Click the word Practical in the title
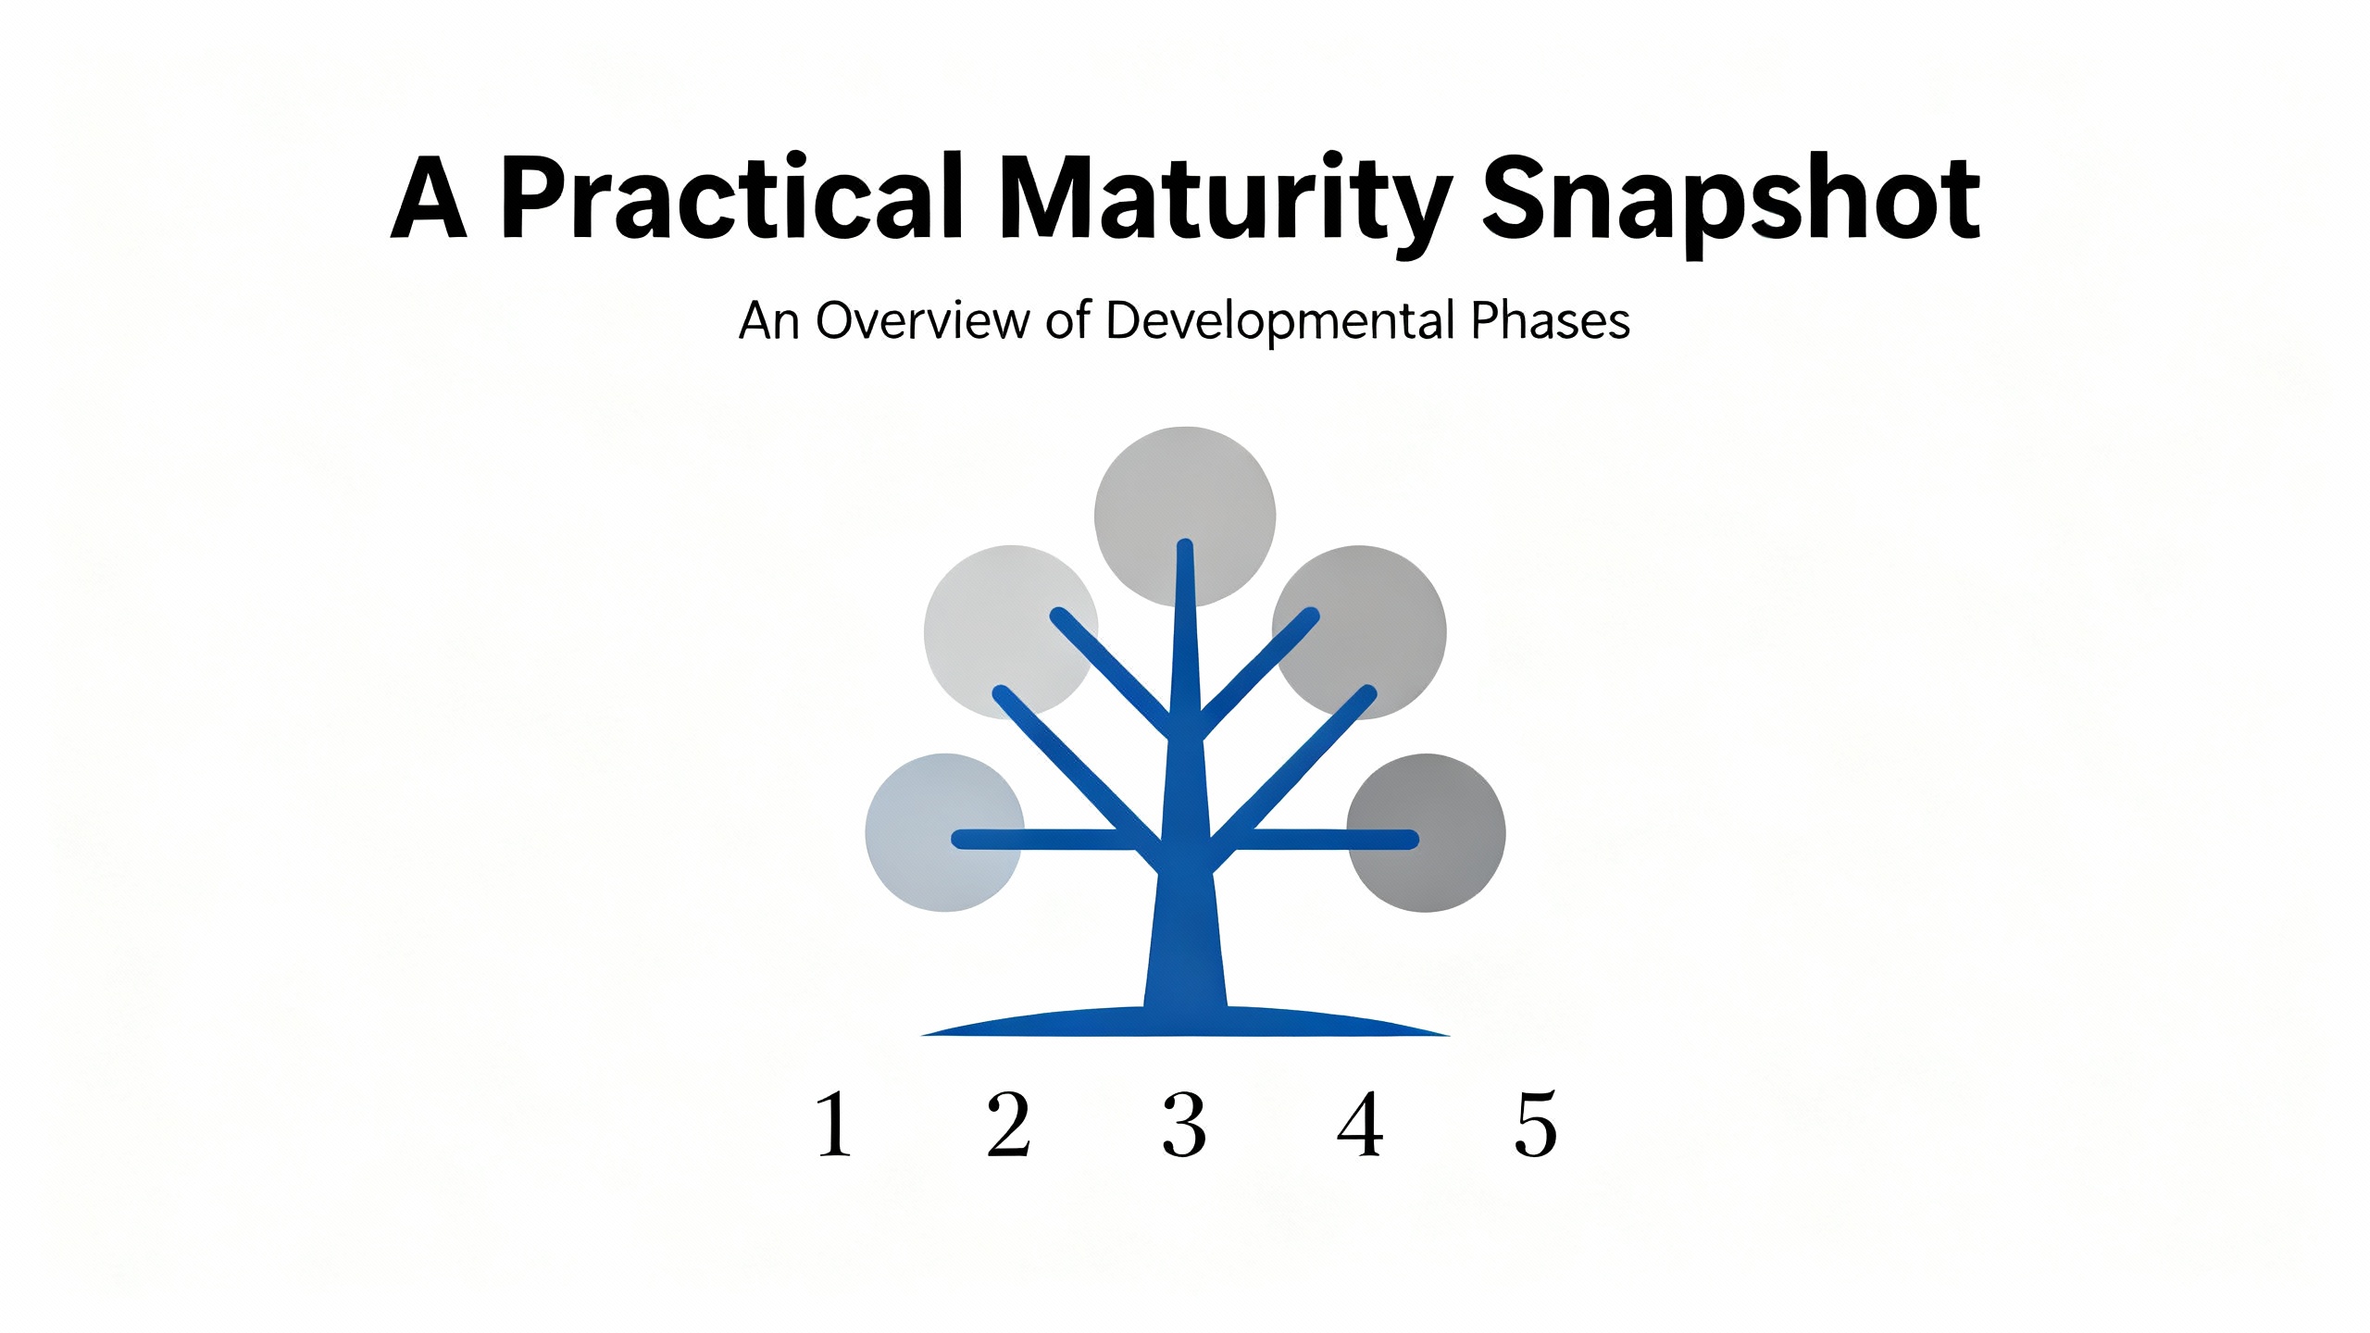coord(732,197)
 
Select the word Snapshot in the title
coord(1731,204)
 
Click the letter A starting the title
coord(428,197)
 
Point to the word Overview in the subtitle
coord(923,320)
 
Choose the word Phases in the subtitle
coord(1551,320)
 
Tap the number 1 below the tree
coord(835,1124)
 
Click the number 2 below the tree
coord(1008,1124)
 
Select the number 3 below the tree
coord(1184,1125)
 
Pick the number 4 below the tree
coord(1360,1124)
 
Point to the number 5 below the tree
coord(1536,1125)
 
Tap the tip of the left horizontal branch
coord(957,840)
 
